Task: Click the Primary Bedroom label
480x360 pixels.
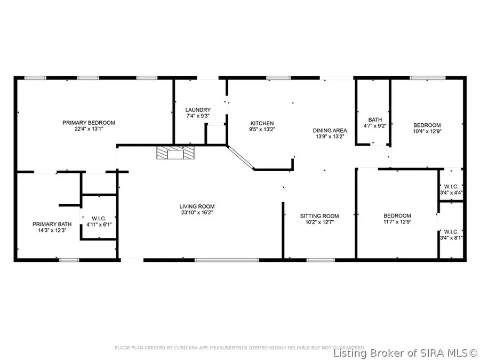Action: pyautogui.click(x=89, y=123)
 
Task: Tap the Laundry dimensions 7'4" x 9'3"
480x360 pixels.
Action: pyautogui.click(x=197, y=116)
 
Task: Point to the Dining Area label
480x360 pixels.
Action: pyautogui.click(x=330, y=130)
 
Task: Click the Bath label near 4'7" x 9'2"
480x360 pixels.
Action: pyautogui.click(x=375, y=120)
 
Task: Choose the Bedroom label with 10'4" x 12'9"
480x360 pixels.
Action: pyautogui.click(x=427, y=125)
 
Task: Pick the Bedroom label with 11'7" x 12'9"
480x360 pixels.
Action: pyautogui.click(x=397, y=215)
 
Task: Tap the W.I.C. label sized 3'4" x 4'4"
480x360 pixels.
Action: pyautogui.click(x=451, y=186)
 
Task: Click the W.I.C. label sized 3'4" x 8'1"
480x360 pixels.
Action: pyautogui.click(x=451, y=231)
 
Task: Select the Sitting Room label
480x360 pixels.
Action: pyautogui.click(x=319, y=216)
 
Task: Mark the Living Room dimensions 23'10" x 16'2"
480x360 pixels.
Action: pyautogui.click(x=197, y=213)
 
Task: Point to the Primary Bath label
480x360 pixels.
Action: pyautogui.click(x=49, y=224)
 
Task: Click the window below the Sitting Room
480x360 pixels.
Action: pyautogui.click(x=318, y=260)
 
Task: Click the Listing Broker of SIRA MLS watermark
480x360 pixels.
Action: pyautogui.click(x=405, y=353)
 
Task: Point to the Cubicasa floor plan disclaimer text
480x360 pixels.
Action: pyautogui.click(x=240, y=348)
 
